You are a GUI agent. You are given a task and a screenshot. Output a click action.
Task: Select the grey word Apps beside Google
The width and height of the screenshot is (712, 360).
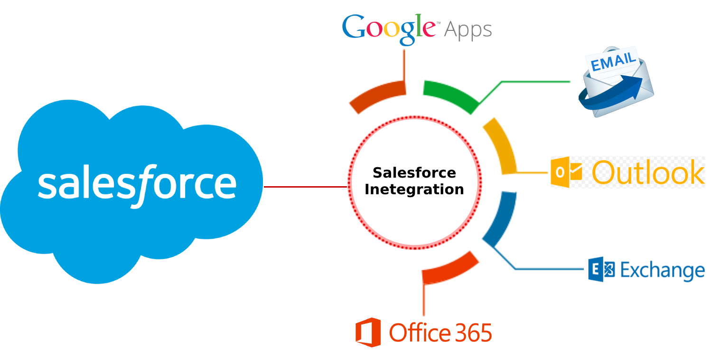[468, 30]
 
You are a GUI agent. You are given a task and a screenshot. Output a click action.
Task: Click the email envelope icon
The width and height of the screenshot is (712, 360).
[616, 82]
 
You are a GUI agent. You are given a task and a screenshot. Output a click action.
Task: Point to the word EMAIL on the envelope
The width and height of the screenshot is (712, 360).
[613, 61]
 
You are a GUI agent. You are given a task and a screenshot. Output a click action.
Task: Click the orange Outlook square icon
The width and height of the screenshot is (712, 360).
[566, 172]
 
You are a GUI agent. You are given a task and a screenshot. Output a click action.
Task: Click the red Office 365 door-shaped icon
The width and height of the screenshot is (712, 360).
[368, 332]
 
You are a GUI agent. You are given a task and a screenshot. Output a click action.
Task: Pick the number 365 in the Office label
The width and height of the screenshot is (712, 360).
[474, 333]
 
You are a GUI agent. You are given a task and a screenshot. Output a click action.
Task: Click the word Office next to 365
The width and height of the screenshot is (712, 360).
[420, 332]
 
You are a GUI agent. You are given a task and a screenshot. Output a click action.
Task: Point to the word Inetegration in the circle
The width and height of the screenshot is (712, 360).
[414, 190]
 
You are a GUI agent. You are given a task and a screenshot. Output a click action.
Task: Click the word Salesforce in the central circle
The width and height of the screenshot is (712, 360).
[414, 173]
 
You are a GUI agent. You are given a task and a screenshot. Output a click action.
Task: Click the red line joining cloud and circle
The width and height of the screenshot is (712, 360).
[305, 187]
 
